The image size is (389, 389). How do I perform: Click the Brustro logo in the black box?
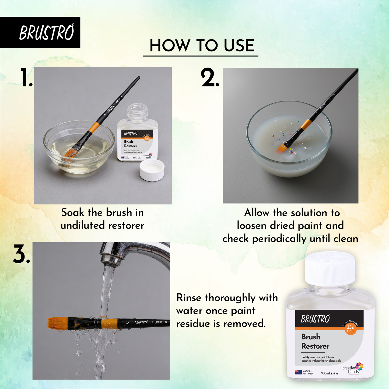(46, 33)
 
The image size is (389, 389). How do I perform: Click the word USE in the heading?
(239, 46)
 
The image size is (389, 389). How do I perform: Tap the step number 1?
(26, 78)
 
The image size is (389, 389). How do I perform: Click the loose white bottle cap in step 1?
(152, 170)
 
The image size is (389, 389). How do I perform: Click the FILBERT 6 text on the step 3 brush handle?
(159, 322)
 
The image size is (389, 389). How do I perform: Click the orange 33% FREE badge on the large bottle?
(351, 329)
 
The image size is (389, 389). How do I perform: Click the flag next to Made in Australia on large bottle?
(298, 372)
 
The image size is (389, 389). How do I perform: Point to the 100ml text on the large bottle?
(325, 373)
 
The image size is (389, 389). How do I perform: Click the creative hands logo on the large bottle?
(353, 369)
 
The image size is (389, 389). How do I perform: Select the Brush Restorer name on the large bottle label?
(315, 341)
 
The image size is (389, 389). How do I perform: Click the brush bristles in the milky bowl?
(282, 148)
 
